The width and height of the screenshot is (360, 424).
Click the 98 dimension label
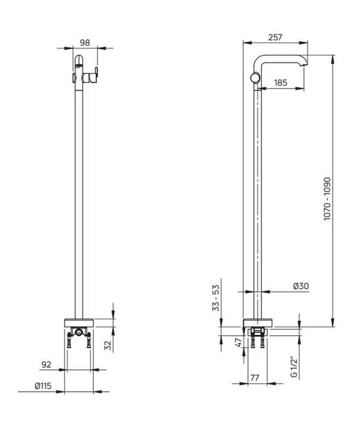(x=85, y=42)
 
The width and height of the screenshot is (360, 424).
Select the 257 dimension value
(x=275, y=37)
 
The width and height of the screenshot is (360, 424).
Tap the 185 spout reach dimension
(x=281, y=82)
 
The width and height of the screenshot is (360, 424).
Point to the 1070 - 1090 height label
(x=327, y=199)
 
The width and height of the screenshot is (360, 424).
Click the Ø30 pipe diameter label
(x=301, y=286)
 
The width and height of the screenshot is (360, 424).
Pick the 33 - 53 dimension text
(x=216, y=298)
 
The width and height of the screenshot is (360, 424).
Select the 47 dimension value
(x=238, y=343)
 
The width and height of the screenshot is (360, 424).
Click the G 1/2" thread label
(x=294, y=366)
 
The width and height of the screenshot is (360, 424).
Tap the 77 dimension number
(x=255, y=378)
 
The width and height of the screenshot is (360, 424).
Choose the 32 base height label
(x=108, y=345)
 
